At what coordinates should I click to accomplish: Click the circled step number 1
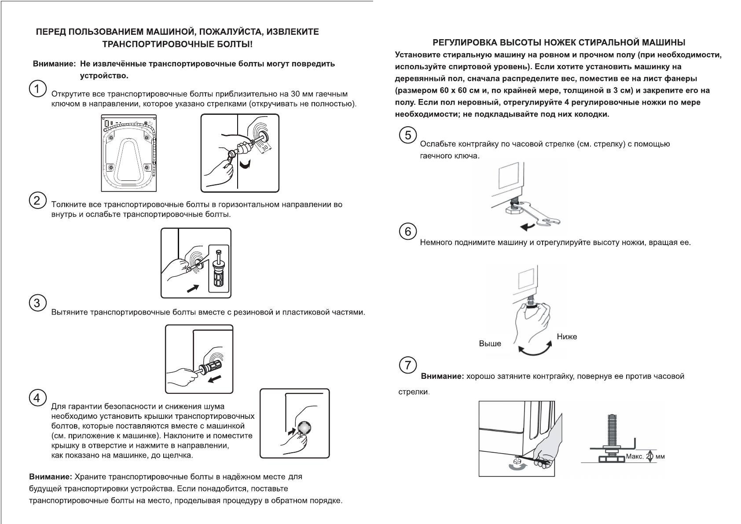point(37,88)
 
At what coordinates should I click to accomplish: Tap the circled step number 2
point(37,201)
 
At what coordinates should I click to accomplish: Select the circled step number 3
point(37,303)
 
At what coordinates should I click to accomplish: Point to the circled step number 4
point(37,398)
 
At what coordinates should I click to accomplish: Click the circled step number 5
point(408,135)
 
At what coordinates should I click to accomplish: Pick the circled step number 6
point(408,231)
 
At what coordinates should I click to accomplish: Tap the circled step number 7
point(408,365)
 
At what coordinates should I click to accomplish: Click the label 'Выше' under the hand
point(490,344)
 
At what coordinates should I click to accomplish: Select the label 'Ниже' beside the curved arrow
point(567,337)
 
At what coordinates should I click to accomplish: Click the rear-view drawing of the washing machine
point(128,153)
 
